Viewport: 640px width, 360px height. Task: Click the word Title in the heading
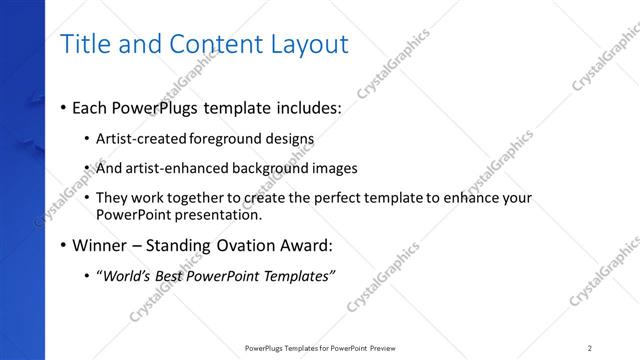pyautogui.click(x=85, y=45)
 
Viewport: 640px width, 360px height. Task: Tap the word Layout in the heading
pyautogui.click(x=305, y=45)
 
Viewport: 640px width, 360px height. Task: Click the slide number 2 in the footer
pyautogui.click(x=590, y=348)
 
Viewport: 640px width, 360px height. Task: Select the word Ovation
pyautogui.click(x=249, y=244)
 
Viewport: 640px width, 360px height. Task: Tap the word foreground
pyautogui.click(x=222, y=139)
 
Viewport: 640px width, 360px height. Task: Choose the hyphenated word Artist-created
pyautogui.click(x=140, y=139)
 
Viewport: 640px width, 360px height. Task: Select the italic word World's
pyautogui.click(x=128, y=275)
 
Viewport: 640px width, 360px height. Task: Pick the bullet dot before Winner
pyautogui.click(x=64, y=245)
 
